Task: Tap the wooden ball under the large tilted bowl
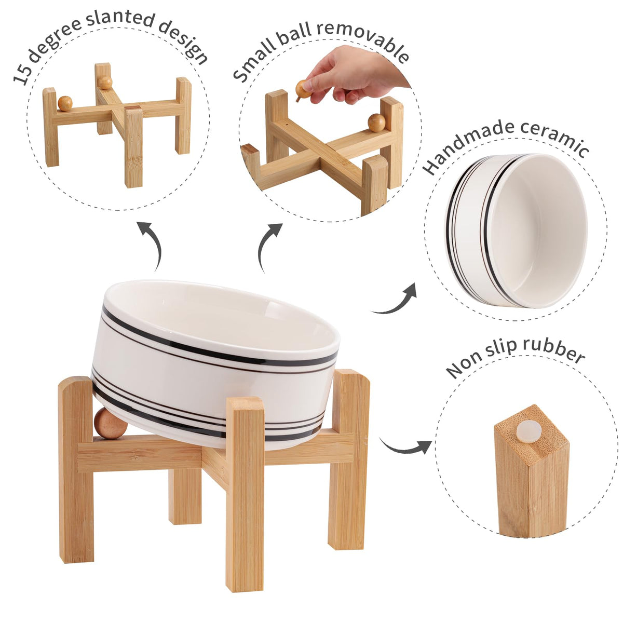(x=111, y=424)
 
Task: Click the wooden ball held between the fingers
(x=304, y=90)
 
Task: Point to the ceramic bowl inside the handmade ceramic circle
(x=516, y=231)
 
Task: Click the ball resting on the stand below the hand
(x=377, y=123)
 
